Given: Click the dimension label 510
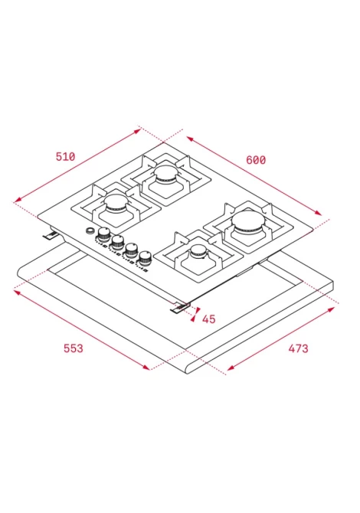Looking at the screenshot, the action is [65, 156].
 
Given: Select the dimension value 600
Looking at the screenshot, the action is [256, 160].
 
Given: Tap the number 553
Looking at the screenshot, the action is [74, 348].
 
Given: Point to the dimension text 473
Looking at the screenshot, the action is [298, 348].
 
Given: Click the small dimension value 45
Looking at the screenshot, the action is [209, 319].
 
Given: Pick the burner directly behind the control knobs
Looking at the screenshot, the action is [116, 202].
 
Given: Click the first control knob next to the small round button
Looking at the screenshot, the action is [104, 234].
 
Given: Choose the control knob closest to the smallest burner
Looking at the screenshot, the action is [144, 258].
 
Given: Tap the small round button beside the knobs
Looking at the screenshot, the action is [90, 230].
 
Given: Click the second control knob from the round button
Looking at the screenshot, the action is [117, 242].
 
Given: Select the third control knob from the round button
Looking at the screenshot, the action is [131, 250].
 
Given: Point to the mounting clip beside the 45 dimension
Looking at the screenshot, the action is [180, 307].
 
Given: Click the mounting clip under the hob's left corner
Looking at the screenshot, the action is [51, 234].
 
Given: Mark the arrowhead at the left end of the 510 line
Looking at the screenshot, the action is [18, 200].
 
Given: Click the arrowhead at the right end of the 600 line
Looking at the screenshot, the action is [318, 213].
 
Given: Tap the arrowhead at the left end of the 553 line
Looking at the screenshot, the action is [17, 292].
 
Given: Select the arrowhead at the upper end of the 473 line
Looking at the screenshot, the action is [331, 309].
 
